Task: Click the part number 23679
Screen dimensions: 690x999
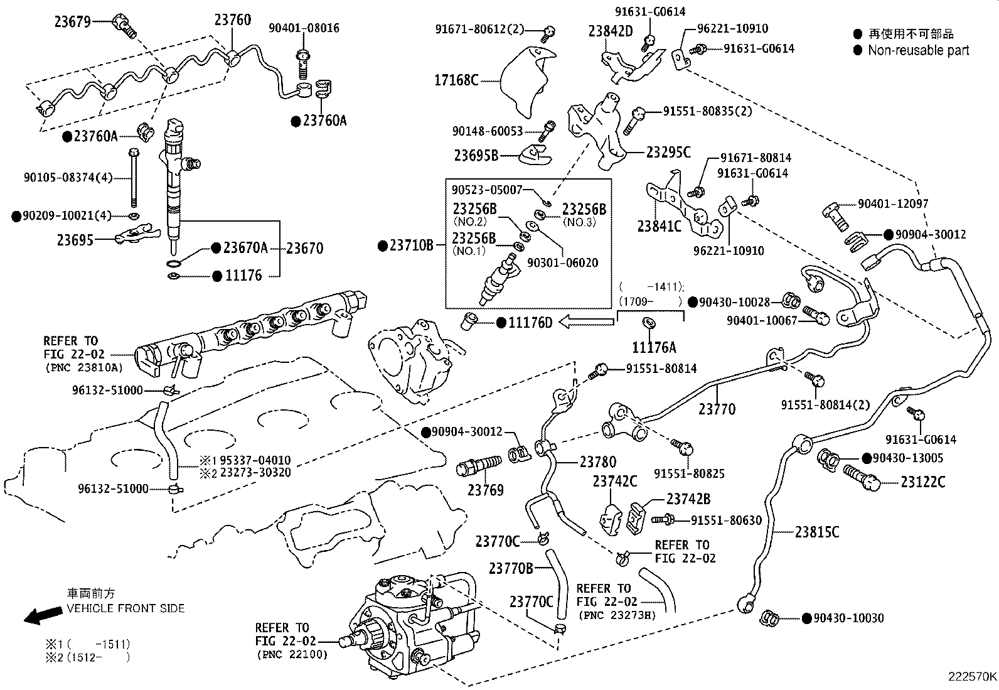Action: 72,21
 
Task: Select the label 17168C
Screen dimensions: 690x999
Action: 456,80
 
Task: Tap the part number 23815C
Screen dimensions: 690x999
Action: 817,532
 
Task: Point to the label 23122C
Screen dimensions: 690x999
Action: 922,482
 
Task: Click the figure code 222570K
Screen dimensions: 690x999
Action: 972,676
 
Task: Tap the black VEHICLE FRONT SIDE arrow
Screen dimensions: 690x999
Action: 39,616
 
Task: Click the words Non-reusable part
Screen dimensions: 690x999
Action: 918,50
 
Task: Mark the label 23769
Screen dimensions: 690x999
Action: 485,490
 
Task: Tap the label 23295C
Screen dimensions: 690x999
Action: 668,152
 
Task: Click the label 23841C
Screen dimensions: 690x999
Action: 659,226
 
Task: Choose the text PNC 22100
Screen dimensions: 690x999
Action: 292,655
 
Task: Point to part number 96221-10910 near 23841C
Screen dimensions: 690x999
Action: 729,251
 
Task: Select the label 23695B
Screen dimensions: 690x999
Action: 476,154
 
